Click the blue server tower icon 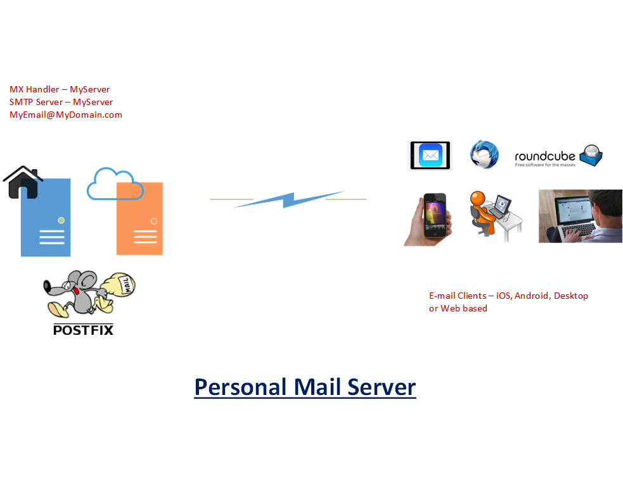pyautogui.click(x=46, y=222)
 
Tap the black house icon pyautogui.click(x=23, y=182)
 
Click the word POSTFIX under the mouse pyautogui.click(x=83, y=329)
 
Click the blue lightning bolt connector pyautogui.click(x=288, y=199)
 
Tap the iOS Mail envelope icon pyautogui.click(x=430, y=155)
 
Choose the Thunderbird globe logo pyautogui.click(x=484, y=155)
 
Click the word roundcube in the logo pyautogui.click(x=544, y=156)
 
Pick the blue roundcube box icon pyautogui.click(x=592, y=154)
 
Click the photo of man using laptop pyautogui.click(x=580, y=216)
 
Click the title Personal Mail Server pyautogui.click(x=305, y=386)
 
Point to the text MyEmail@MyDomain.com pyautogui.click(x=66, y=115)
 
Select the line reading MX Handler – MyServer pyautogui.click(x=60, y=89)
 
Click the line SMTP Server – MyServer pyautogui.click(x=61, y=102)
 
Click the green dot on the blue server pyautogui.click(x=61, y=220)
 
